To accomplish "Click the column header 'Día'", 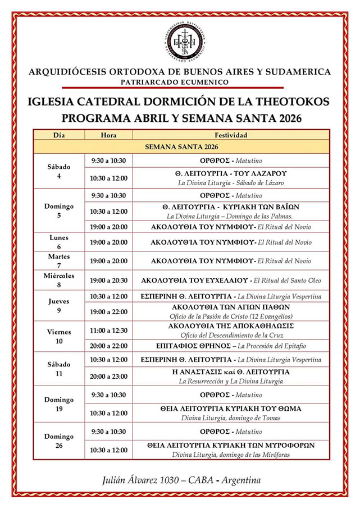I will (x=59, y=135).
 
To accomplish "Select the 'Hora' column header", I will (x=108, y=135).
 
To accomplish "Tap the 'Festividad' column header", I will (x=231, y=135).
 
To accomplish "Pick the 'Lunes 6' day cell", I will (x=59, y=242).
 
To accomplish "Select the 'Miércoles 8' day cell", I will (x=59, y=280).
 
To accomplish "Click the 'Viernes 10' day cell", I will (x=59, y=336).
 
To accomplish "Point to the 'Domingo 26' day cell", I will (x=59, y=441).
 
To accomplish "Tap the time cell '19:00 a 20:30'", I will (x=108, y=280).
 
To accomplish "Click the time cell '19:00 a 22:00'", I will (x=108, y=311).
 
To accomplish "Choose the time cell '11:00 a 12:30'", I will (x=108, y=331).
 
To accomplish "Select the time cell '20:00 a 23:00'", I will (x=108, y=376).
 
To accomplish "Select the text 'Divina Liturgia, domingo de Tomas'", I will (x=231, y=418).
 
